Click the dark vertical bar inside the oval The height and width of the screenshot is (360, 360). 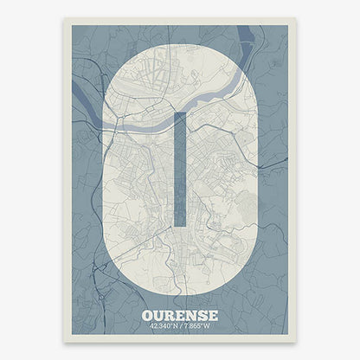[x=179, y=169]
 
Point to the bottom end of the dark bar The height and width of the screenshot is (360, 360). [x=179, y=225]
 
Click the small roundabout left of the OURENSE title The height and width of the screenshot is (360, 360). [x=130, y=312]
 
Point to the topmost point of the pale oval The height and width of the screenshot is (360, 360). [x=180, y=42]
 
